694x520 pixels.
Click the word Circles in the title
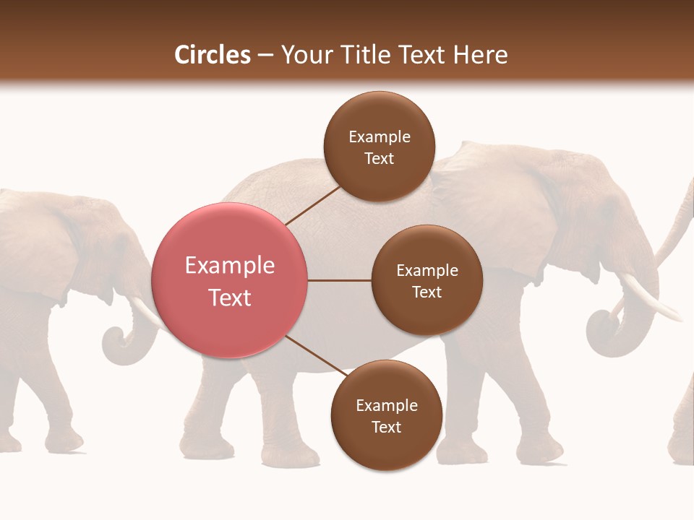(212, 55)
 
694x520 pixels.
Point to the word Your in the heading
(307, 55)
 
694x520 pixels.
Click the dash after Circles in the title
(265, 56)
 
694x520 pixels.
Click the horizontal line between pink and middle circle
(339, 280)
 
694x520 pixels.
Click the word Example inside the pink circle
(230, 265)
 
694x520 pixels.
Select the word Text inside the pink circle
(230, 297)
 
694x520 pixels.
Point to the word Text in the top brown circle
(379, 158)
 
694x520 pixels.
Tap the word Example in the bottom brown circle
(386, 405)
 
